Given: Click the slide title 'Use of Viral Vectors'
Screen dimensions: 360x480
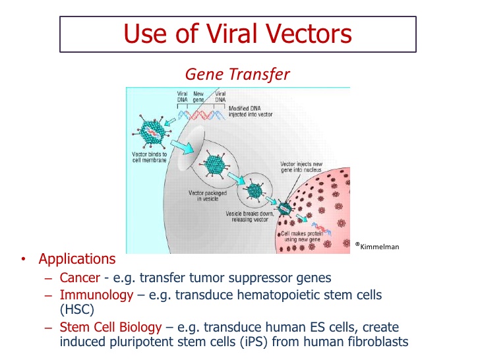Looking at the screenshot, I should pos(238,34).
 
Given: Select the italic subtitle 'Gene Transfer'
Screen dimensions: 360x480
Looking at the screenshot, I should pos(238,74).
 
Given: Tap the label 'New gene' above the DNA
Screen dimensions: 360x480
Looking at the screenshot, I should pos(198,97).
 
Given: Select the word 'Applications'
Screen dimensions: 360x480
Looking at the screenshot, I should pos(77,259).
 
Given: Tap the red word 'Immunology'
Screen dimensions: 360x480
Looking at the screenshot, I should pos(96,295).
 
